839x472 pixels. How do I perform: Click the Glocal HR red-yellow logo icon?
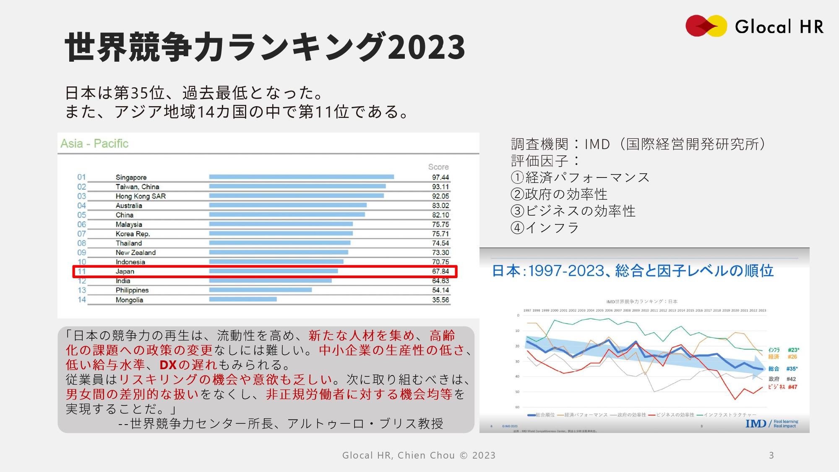[x=706, y=26]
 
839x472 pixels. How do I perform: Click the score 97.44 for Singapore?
[x=440, y=177]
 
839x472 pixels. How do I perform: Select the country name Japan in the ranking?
[x=125, y=271]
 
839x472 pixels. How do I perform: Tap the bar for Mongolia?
[x=243, y=300]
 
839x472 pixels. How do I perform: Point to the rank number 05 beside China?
[x=81, y=215]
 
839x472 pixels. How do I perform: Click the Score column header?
[x=438, y=167]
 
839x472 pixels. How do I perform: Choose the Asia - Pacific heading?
[x=94, y=143]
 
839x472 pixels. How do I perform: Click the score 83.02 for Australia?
[x=440, y=206]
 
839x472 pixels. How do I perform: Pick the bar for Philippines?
[x=260, y=290]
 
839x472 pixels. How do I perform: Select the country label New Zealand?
[x=135, y=253]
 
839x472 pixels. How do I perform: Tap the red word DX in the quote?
[x=168, y=365]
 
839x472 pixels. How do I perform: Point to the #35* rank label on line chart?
[x=792, y=369]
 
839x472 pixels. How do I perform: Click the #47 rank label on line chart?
[x=792, y=387]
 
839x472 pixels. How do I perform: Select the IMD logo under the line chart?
[x=756, y=424]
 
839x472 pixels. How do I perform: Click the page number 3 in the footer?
[x=771, y=455]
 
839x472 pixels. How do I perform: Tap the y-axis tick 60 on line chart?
[x=517, y=407]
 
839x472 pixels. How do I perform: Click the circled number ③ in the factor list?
[x=517, y=211]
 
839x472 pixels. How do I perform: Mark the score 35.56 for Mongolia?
[x=440, y=300]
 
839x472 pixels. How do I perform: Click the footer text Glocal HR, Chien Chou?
[x=398, y=455]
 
